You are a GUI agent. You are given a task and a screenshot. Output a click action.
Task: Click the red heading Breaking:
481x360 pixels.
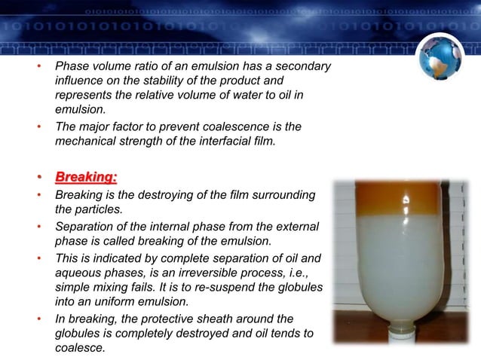[x=86, y=178]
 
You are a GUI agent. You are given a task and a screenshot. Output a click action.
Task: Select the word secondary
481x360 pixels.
[x=301, y=67]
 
